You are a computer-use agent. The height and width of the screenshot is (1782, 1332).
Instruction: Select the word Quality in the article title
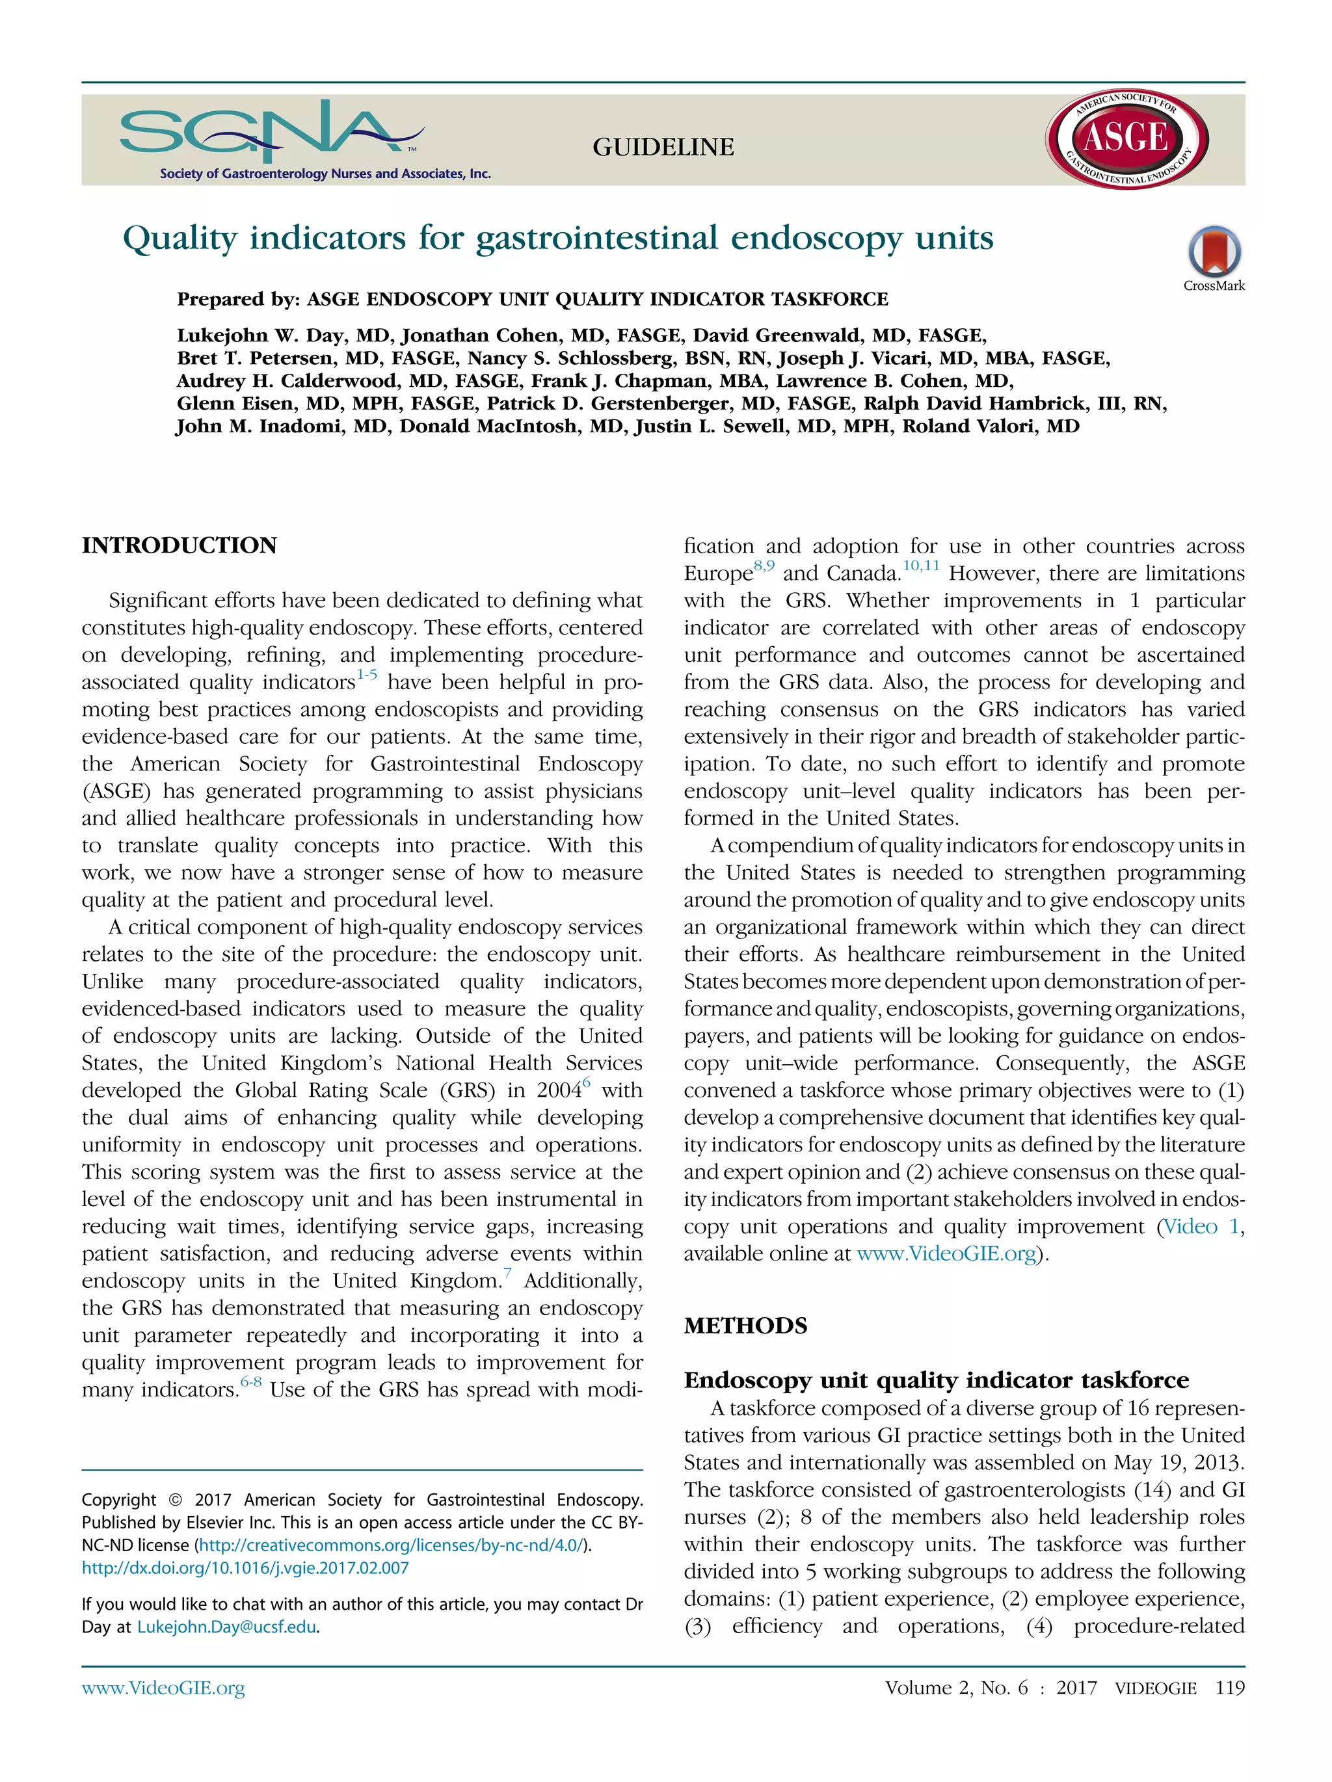tap(180, 239)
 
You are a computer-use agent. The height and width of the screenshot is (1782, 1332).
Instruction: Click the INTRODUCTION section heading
tap(179, 545)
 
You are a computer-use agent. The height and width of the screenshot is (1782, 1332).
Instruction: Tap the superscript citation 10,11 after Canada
tap(920, 566)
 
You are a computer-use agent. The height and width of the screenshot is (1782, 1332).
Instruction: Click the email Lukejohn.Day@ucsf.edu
tap(226, 1627)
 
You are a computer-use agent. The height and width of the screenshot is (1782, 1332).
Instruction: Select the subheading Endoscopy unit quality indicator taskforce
tap(935, 1380)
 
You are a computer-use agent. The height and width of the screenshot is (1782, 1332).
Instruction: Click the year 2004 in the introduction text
tap(559, 1091)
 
